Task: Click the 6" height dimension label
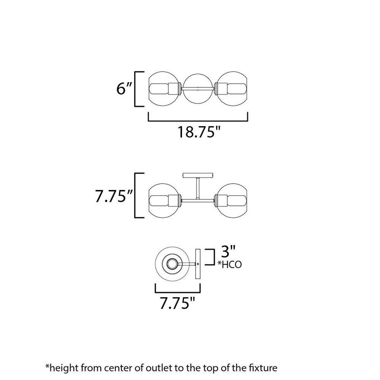[124, 89]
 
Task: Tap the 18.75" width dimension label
[199, 132]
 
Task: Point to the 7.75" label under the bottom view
[177, 303]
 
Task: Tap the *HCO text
[230, 264]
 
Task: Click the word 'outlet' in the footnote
[159, 367]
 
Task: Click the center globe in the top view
[198, 89]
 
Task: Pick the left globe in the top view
[164, 89]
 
